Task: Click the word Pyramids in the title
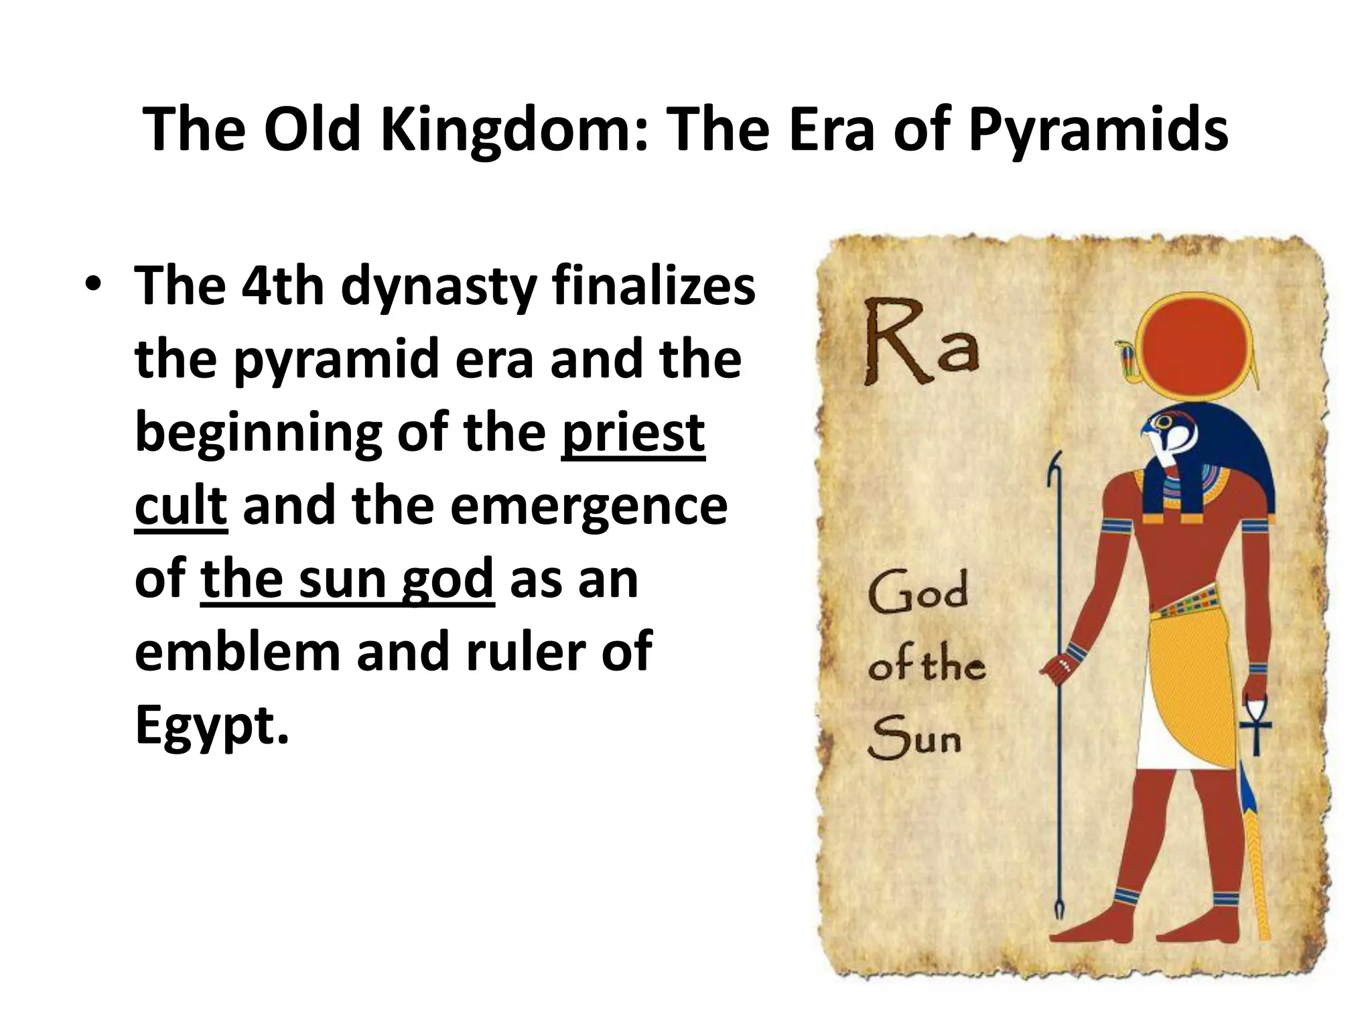tap(1098, 131)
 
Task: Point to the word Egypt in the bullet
tap(212, 726)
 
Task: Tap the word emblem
tap(237, 652)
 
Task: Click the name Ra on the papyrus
tap(921, 344)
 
